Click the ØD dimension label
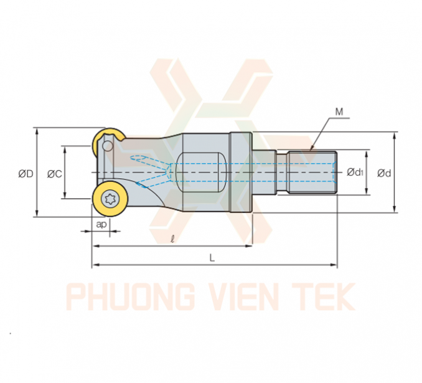pyautogui.click(x=26, y=174)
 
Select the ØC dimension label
pyautogui.click(x=54, y=174)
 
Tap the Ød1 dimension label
pyautogui.click(x=355, y=172)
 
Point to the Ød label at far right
pyautogui.click(x=384, y=173)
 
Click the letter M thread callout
pyautogui.click(x=339, y=111)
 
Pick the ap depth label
pyautogui.click(x=101, y=224)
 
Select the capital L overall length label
pyautogui.click(x=212, y=258)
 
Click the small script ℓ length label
pyautogui.click(x=173, y=239)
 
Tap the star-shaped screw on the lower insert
pyautogui.click(x=110, y=199)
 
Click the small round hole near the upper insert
pyautogui.click(x=108, y=146)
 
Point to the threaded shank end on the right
pyautogui.click(x=313, y=173)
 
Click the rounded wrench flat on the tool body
pyautogui.click(x=200, y=173)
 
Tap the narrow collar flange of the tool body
pyautogui.click(x=241, y=173)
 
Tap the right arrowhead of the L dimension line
pyautogui.click(x=334, y=265)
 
